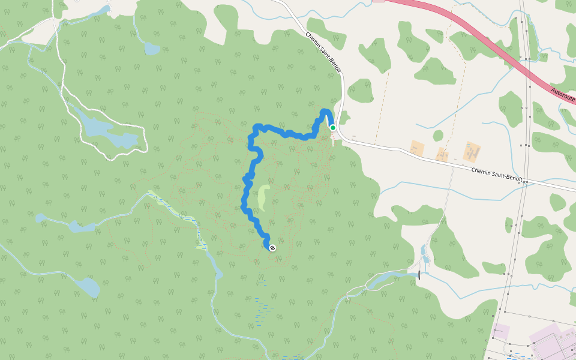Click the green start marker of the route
(x=332, y=127)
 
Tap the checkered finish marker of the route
(x=272, y=247)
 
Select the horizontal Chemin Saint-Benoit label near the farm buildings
(x=496, y=174)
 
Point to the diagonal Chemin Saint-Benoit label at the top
(x=323, y=52)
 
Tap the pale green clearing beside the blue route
(x=263, y=198)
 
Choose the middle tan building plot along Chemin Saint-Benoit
(x=442, y=154)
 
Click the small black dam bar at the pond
(x=419, y=275)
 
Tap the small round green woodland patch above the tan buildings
(x=438, y=136)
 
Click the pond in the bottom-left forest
(x=88, y=287)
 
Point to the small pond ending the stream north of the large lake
(x=152, y=48)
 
